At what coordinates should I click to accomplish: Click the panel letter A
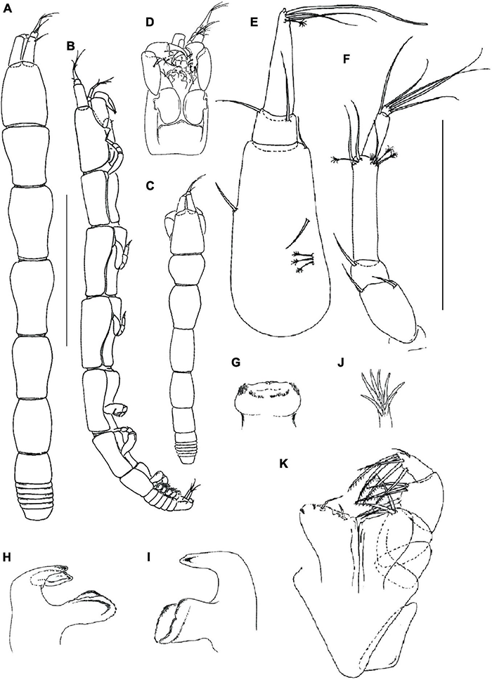(x=7, y=8)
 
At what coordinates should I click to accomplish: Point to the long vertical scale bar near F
(x=442, y=215)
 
